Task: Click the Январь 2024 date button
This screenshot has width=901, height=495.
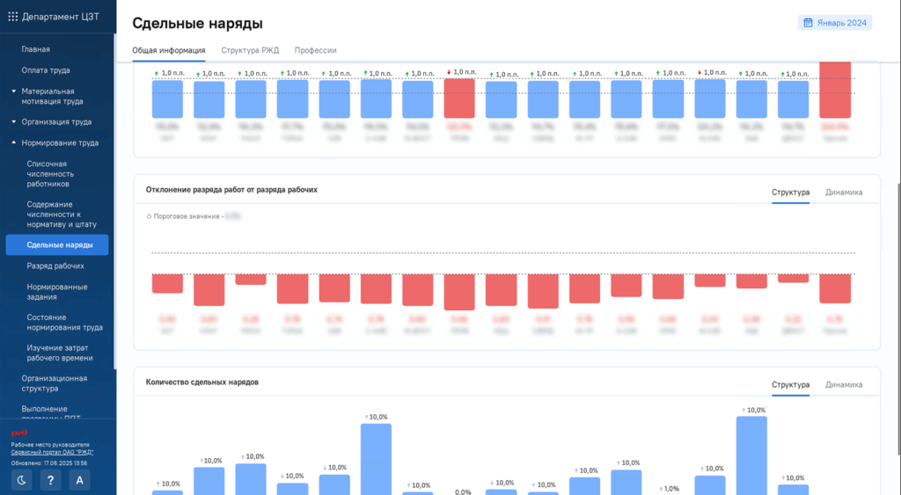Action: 835,23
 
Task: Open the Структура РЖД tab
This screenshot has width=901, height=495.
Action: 250,50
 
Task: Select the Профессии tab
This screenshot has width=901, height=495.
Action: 315,50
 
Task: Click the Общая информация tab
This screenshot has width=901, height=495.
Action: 169,50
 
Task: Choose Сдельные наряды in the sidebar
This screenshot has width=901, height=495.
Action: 60,244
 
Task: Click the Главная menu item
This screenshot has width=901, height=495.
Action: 35,49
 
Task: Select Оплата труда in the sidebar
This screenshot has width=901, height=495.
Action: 46,70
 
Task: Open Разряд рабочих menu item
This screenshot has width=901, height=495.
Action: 55,266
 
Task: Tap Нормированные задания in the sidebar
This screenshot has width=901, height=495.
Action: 56,291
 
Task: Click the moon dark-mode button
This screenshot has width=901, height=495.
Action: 22,480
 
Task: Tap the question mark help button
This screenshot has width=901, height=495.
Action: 51,480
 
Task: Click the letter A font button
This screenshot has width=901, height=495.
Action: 80,480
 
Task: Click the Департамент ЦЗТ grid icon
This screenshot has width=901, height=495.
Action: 12,16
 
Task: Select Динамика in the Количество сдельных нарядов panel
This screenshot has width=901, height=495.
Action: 844,384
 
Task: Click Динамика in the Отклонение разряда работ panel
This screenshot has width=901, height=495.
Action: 844,192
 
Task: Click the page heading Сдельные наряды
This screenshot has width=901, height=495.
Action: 197,24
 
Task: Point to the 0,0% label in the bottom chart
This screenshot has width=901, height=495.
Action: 463,492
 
